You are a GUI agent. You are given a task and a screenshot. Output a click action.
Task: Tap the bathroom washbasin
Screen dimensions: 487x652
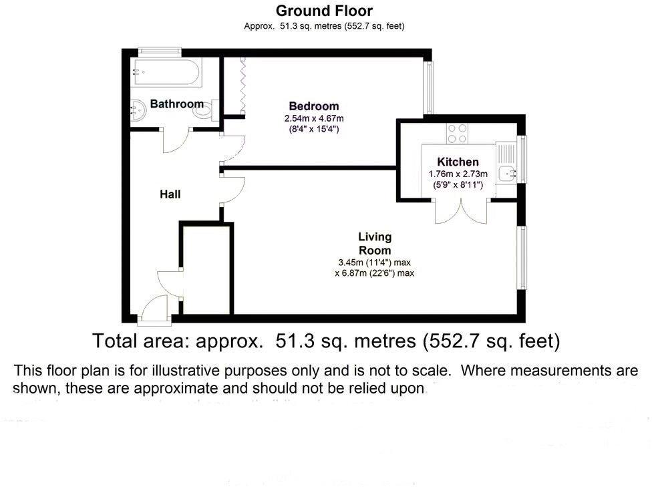(138, 109)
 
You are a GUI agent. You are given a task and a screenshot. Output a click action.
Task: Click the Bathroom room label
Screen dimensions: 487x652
(176, 104)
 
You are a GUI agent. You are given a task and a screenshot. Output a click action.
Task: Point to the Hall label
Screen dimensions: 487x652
(170, 194)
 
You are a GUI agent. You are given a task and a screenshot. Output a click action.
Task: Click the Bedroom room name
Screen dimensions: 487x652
(313, 106)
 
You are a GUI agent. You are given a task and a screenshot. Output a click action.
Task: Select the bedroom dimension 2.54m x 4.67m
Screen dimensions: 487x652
(313, 118)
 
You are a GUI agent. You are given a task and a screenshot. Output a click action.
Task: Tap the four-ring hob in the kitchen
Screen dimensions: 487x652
(457, 133)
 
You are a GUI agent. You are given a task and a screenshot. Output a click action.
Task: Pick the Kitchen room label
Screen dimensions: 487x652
(458, 162)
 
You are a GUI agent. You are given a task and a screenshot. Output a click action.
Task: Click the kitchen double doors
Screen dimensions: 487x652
(460, 210)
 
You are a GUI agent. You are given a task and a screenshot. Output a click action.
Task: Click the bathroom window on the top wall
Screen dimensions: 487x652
(159, 50)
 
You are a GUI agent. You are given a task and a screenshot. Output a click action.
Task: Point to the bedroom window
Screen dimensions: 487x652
(429, 88)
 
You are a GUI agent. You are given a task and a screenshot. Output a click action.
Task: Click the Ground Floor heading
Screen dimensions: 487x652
(324, 11)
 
